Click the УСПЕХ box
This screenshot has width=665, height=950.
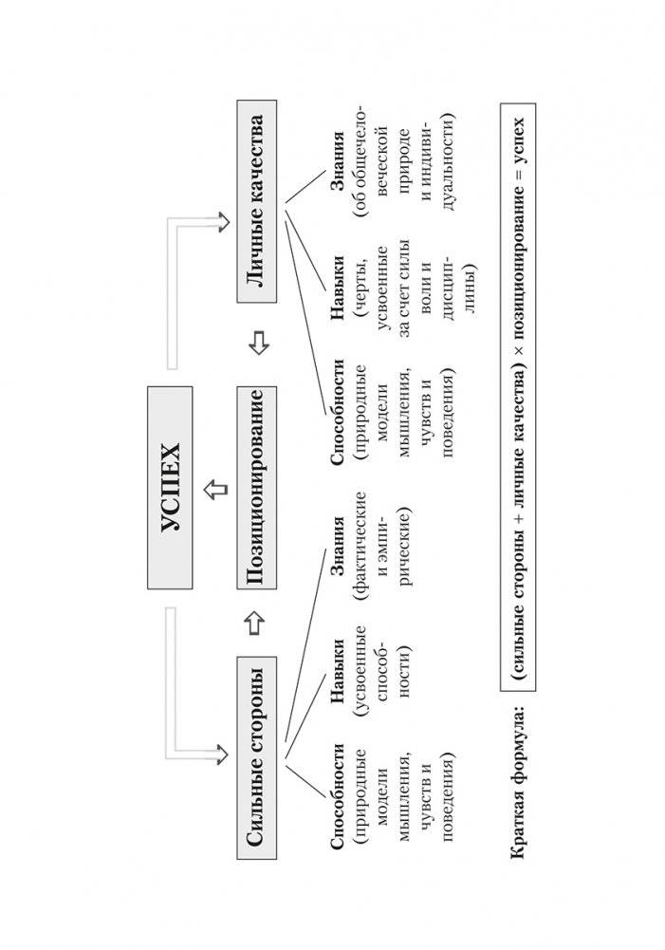click(170, 488)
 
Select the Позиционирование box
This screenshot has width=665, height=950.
click(257, 488)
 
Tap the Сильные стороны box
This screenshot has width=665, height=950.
click(257, 757)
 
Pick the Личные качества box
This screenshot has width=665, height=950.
click(257, 202)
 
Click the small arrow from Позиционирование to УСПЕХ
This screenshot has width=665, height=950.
click(215, 488)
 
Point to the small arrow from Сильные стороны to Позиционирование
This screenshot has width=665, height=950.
click(257, 624)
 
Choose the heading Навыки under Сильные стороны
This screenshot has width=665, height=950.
click(338, 671)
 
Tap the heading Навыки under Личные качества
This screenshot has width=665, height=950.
click(338, 288)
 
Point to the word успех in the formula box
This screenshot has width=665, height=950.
click(518, 141)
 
